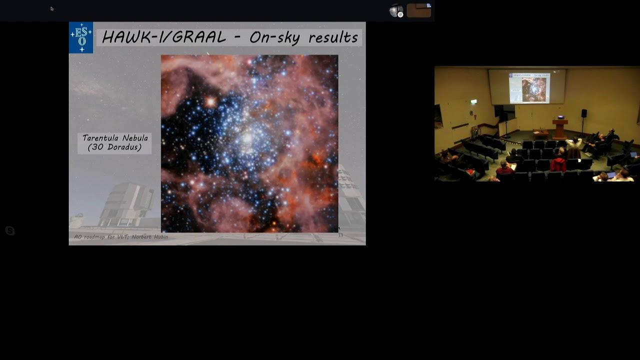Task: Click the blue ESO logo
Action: [81, 37]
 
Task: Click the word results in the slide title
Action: [333, 37]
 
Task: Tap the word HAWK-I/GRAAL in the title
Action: [164, 37]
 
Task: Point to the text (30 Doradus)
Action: [114, 147]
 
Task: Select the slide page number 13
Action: [340, 235]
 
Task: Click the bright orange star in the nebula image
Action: [211, 101]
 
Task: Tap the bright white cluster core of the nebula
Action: [247, 139]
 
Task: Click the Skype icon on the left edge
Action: [10, 230]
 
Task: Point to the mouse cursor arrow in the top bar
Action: [52, 9]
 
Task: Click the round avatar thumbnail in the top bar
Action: [396, 11]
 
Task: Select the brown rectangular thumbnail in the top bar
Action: [419, 10]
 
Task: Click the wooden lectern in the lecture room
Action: [560, 129]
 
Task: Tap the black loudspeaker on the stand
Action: [584, 113]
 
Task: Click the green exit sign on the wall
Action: [473, 101]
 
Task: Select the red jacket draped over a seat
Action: [558, 164]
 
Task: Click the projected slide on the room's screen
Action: [529, 88]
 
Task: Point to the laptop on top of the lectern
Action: [561, 117]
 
